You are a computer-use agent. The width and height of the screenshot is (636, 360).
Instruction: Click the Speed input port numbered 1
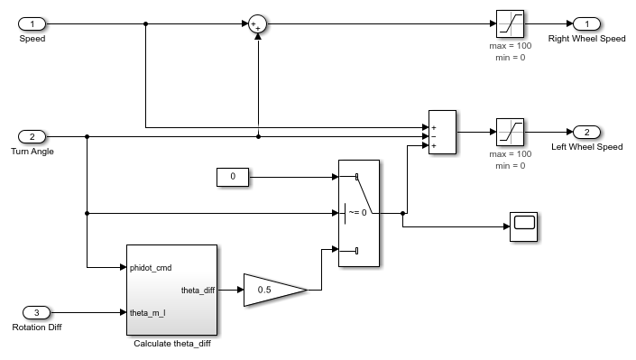tap(32, 23)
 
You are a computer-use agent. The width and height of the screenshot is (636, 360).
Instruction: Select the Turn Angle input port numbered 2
tap(32, 137)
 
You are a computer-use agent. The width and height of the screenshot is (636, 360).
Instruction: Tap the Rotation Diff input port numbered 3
tap(36, 312)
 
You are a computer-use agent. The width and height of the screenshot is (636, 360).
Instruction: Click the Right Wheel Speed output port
tap(586, 23)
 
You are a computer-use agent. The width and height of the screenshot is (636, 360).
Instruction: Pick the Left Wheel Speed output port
tap(586, 132)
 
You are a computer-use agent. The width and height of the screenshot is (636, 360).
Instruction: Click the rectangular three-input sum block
tap(442, 133)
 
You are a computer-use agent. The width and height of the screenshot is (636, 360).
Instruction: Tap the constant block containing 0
tap(233, 177)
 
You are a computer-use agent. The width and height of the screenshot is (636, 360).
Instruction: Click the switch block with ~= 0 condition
tap(358, 214)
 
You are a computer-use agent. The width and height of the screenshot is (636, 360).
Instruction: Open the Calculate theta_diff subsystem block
tap(171, 289)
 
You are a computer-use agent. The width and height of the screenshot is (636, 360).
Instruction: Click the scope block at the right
tap(524, 226)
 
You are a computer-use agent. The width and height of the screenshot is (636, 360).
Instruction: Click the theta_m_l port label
tap(148, 312)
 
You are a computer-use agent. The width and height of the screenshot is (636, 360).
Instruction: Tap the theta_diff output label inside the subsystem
tap(196, 291)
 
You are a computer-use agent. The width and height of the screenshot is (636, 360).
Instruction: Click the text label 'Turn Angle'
tap(32, 152)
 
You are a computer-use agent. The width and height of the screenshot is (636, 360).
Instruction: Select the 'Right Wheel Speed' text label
tap(587, 39)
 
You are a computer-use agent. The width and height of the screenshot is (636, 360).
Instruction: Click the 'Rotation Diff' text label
tap(36, 327)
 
